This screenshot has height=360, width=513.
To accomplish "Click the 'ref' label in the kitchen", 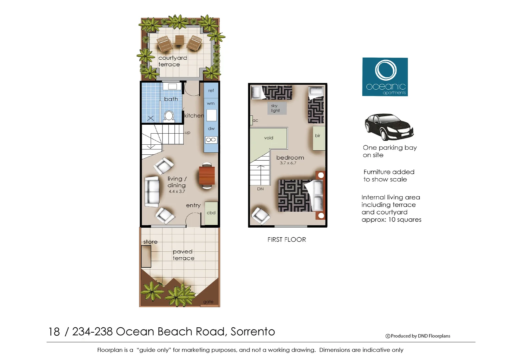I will (x=211, y=90).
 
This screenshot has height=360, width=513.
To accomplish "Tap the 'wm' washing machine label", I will (x=210, y=103).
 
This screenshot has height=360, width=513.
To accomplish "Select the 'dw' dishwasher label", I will (x=211, y=128).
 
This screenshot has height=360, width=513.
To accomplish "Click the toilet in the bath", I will (x=169, y=116).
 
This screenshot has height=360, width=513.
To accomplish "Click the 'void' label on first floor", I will (x=269, y=138).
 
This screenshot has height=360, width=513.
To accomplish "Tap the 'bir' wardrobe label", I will (x=318, y=136).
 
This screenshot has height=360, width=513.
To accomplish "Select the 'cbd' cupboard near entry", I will (x=211, y=213).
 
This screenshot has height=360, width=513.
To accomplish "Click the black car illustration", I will (x=389, y=127).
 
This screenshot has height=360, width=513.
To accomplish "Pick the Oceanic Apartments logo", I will (x=385, y=77).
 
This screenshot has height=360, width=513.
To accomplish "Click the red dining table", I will (x=207, y=176).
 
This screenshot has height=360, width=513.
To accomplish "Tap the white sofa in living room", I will (x=152, y=192).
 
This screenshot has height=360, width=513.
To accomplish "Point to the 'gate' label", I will (x=208, y=302).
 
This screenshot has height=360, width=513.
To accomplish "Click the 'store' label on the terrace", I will (x=150, y=242).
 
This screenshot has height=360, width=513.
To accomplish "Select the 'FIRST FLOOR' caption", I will (x=287, y=239).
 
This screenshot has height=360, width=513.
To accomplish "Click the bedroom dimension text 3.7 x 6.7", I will (x=288, y=163).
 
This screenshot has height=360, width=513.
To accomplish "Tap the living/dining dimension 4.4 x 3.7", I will (x=177, y=191).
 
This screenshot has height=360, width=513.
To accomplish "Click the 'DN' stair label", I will (x=260, y=189).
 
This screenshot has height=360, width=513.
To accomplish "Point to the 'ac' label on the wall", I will (x=255, y=120).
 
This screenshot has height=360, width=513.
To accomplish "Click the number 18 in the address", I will (x=54, y=332).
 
